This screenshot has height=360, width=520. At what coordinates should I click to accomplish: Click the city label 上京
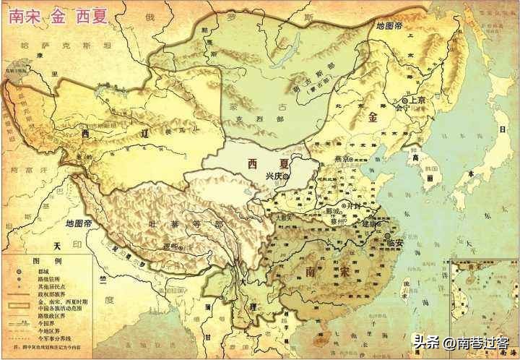(x=417, y=100)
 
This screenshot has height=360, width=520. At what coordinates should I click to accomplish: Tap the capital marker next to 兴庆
(x=287, y=176)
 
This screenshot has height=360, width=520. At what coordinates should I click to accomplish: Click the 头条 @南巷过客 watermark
(x=462, y=340)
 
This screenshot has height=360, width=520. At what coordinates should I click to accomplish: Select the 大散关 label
(x=283, y=216)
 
